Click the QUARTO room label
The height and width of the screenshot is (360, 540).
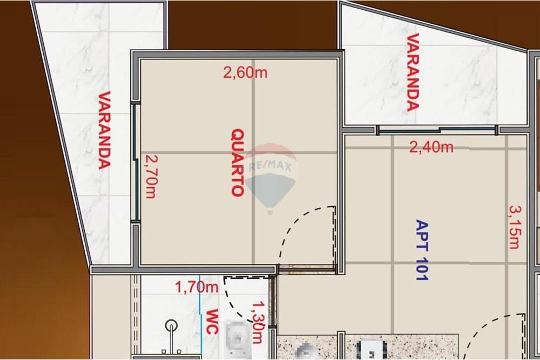(237, 162)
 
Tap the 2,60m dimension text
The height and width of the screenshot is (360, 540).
(245, 73)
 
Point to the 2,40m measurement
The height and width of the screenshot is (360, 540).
(431, 147)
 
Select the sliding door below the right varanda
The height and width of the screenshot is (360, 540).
(436, 130)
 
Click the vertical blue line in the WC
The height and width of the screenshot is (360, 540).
(200, 318)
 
